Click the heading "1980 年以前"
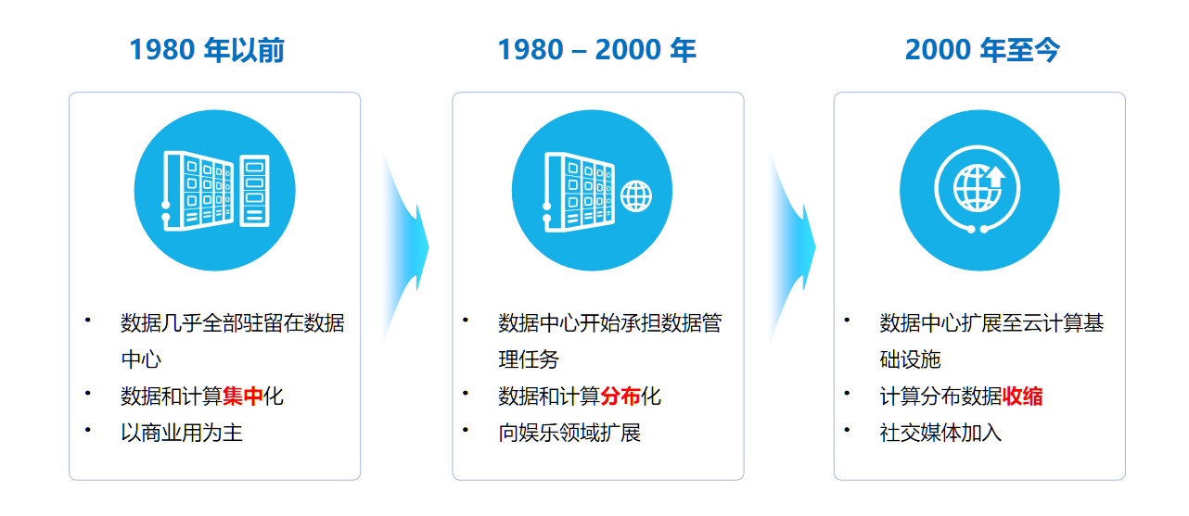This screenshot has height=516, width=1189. (x=207, y=50)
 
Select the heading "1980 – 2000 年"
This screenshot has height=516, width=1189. (x=596, y=50)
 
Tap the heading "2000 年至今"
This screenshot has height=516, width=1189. (x=982, y=50)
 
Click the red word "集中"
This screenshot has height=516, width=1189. (x=243, y=396)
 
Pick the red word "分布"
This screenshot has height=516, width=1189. (x=620, y=396)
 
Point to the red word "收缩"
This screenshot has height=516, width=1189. (x=1022, y=396)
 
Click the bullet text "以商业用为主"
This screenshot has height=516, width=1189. (x=182, y=433)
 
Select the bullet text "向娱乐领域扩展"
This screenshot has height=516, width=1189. (x=569, y=433)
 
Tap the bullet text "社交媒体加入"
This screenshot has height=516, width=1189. (x=940, y=433)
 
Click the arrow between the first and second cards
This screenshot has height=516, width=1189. (x=406, y=247)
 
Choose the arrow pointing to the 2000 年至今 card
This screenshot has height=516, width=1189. (x=793, y=247)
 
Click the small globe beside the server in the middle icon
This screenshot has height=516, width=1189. (x=636, y=196)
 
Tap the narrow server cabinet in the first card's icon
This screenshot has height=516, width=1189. (x=254, y=191)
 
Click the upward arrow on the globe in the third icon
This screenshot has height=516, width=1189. (x=996, y=177)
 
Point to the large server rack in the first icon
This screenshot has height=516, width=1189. (x=198, y=191)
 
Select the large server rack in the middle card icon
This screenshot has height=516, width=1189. (x=579, y=192)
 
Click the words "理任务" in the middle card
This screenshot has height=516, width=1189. (x=529, y=359)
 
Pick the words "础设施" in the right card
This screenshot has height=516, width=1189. (x=911, y=359)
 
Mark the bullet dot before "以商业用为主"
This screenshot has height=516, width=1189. (x=87, y=430)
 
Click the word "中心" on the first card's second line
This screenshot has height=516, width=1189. (x=141, y=359)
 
